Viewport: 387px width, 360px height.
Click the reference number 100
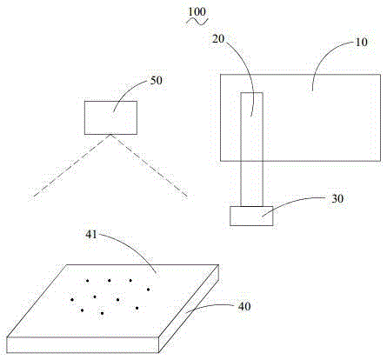pos(197,12)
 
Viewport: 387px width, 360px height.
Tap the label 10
pos(361,43)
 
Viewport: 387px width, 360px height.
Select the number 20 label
pos(218,38)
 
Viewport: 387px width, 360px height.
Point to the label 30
pos(337,198)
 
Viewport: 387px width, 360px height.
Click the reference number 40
pos(244,306)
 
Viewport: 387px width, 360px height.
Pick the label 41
pos(91,234)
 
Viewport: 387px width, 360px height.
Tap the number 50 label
pos(157,80)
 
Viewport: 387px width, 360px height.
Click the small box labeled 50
pos(110,117)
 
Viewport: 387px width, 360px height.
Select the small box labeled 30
pos(251,216)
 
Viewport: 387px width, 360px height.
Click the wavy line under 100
pos(197,21)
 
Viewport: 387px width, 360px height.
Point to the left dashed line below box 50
pos(72,165)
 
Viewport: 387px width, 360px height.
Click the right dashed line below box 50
pos(149,165)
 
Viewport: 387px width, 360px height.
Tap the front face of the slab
pos(83,345)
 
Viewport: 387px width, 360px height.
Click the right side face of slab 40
pos(189,309)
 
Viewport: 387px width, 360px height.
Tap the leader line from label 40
pos(210,306)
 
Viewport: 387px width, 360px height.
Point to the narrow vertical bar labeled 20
pos(252,150)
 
